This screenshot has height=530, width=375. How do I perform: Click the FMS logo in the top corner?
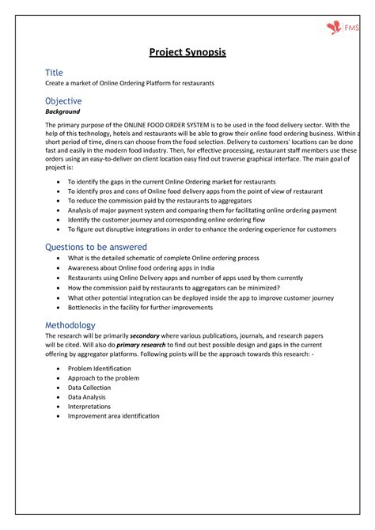[343, 28]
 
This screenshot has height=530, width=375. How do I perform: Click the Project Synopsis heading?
[187, 52]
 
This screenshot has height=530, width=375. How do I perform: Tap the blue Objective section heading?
[63, 101]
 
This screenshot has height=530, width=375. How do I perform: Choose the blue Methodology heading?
[70, 325]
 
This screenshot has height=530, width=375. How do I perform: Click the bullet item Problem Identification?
[100, 369]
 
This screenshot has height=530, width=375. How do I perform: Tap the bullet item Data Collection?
[89, 388]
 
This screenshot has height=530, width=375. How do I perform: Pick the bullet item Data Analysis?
[86, 397]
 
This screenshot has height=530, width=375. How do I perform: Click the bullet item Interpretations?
[89, 407]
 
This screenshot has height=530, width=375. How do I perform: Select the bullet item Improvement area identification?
[113, 416]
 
